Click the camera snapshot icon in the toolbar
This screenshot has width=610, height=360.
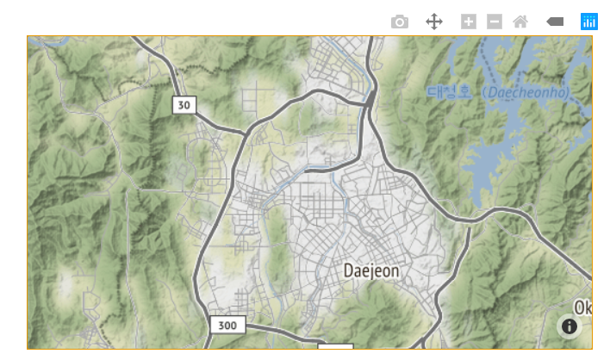tap(399, 22)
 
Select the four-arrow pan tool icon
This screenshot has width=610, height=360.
tap(434, 22)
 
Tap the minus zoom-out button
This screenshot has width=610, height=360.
tap(494, 22)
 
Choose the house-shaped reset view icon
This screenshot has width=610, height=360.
tap(520, 22)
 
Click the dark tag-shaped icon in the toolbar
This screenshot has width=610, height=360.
tap(555, 22)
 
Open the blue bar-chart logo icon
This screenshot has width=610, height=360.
tap(589, 22)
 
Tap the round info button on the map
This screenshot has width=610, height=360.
tap(569, 326)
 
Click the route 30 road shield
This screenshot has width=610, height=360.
tap(183, 105)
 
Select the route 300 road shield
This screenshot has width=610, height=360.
tap(227, 326)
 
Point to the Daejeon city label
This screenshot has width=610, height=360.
tap(371, 270)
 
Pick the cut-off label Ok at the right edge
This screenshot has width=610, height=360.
tap(583, 307)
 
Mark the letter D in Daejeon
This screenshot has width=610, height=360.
tap(348, 270)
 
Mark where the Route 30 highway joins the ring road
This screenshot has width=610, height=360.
tap(246, 134)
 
